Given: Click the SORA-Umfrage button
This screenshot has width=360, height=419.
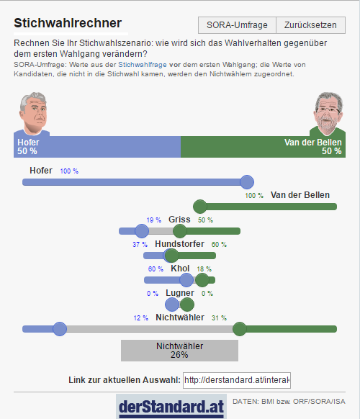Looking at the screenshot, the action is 237,25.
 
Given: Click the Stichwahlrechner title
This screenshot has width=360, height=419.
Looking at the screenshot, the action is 68,23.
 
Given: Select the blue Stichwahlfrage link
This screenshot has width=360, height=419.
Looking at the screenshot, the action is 143,65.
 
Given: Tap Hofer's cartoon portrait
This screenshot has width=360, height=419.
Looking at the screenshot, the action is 33,114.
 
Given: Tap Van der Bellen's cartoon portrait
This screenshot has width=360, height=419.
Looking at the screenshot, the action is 328,114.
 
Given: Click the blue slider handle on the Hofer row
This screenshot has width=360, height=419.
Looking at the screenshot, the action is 247,182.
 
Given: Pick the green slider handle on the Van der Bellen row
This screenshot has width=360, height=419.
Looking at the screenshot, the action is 200,207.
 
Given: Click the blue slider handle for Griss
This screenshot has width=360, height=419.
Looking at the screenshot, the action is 142,231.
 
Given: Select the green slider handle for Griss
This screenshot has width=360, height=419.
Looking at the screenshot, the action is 180,231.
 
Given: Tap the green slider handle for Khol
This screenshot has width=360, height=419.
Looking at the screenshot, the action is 202,280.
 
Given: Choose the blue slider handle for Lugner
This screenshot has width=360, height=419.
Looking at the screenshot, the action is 172,305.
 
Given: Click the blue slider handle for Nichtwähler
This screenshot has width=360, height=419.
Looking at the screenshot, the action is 60,329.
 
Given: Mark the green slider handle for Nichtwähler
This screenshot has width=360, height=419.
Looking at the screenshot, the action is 240,329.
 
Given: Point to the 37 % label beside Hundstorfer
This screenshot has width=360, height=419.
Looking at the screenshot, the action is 140,245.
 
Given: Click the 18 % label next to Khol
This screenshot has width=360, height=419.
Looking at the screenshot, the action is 204,269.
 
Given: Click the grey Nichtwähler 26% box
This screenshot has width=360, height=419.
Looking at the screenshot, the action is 179,351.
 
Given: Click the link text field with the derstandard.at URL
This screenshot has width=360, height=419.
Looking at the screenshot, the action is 237,380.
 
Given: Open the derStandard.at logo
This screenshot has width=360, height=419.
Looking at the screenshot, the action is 171,407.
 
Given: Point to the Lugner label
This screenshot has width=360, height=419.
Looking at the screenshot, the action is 180,293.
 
